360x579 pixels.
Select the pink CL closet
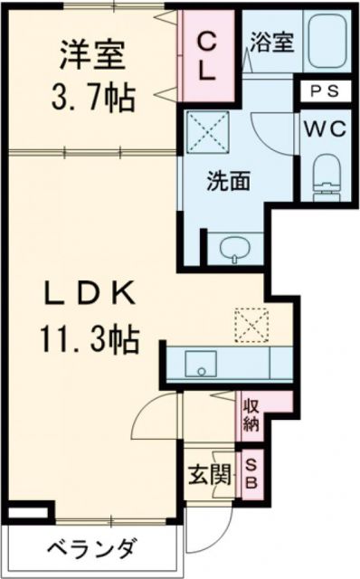coord(207,57)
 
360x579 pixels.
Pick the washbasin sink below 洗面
coord(235,246)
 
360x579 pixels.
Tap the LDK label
coord(90,294)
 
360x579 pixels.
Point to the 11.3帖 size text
coord(89,339)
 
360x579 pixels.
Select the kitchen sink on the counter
coord(201,364)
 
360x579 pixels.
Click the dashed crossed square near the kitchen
coord(246,323)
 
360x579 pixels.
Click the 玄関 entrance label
coord(205,472)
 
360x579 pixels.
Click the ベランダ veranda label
coord(90,548)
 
